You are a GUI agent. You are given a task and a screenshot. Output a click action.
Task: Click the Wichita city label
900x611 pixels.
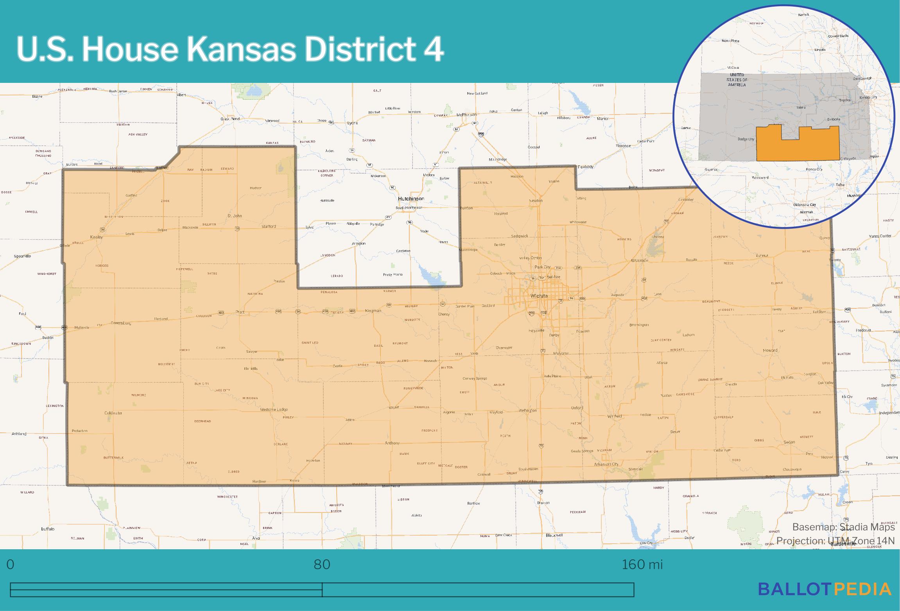[539, 296]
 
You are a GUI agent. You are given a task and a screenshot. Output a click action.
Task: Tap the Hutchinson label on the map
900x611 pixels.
[411, 199]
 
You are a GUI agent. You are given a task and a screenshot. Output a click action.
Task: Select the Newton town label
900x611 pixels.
[536, 201]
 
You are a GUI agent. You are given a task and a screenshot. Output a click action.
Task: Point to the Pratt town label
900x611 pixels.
[240, 312]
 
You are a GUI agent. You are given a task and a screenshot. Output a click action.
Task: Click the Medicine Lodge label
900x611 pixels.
[274, 410]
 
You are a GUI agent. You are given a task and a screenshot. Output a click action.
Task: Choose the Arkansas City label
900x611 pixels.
[606, 464]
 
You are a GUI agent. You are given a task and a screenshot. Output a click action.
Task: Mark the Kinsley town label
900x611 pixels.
[96, 237]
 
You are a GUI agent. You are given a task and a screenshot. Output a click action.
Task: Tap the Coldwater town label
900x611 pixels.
[113, 413]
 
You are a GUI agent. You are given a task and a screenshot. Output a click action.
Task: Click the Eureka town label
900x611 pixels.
[762, 256]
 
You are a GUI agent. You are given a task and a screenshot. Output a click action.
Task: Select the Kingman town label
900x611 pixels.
[373, 311]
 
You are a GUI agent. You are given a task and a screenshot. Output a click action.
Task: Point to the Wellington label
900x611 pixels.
[527, 410]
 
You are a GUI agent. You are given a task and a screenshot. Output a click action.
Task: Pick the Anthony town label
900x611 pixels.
[392, 443]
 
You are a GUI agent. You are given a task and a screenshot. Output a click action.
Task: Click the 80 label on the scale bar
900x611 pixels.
[322, 564]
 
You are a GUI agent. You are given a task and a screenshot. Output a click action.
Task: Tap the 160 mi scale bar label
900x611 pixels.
[642, 564]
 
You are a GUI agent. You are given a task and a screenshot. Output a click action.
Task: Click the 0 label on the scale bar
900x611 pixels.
[11, 564]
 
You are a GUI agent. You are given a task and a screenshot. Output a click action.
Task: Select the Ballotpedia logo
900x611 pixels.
[824, 589]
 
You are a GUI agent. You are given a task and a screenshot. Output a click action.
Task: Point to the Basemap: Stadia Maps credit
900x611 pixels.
[843, 527]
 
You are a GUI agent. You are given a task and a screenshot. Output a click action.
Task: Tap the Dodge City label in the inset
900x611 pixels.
[746, 139]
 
